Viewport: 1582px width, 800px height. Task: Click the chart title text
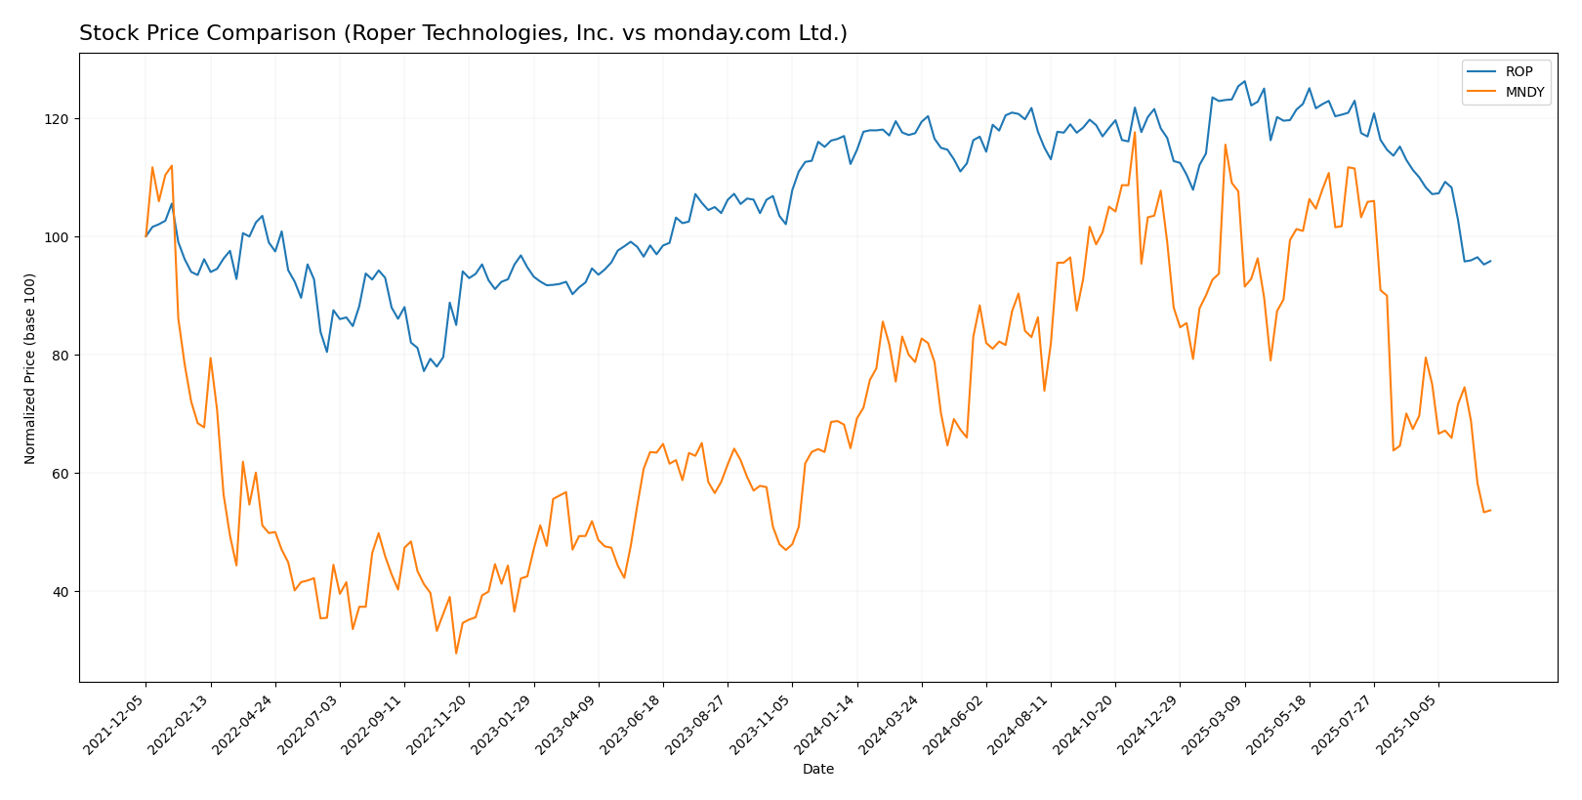click(463, 33)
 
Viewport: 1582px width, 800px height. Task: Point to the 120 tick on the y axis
click(60, 119)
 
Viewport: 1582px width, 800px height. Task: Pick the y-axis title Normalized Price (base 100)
click(30, 368)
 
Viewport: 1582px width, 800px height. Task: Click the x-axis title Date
click(817, 770)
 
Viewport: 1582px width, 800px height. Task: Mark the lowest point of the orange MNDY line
click(456, 653)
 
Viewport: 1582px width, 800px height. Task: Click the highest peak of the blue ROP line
click(1244, 81)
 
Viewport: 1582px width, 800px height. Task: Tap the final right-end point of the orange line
click(1490, 510)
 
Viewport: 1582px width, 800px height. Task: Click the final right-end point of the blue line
click(1490, 261)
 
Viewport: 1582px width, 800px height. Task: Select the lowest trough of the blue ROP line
click(424, 371)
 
